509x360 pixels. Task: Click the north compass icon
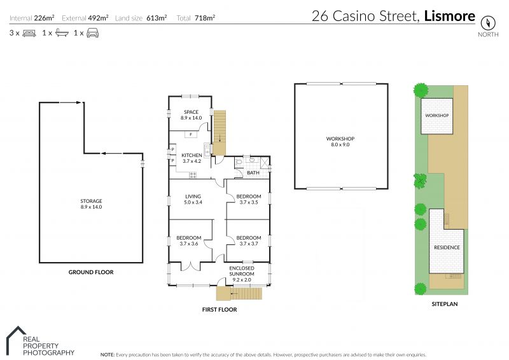coord(487,23)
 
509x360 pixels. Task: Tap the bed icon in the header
coord(29,33)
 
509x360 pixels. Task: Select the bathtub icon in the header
coord(62,33)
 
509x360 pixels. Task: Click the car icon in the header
coord(92,33)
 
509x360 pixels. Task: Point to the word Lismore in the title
coord(450,17)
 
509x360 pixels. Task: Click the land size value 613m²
coord(157,18)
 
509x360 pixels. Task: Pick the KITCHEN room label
coord(192,155)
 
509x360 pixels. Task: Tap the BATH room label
coord(253,173)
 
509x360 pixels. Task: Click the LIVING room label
coord(193,197)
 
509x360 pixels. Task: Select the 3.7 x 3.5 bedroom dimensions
coord(249,202)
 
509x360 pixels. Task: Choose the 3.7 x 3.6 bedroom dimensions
coord(188,244)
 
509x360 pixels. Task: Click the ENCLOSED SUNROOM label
coord(242,271)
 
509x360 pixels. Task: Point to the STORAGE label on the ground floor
coord(91,201)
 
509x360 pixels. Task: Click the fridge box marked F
coord(191,134)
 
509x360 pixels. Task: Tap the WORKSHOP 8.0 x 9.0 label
coord(340,142)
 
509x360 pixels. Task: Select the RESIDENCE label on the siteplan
coord(447,247)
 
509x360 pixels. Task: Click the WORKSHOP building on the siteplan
coord(436,116)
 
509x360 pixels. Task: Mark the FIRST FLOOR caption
coord(220,310)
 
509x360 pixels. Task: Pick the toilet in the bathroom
coord(239,162)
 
